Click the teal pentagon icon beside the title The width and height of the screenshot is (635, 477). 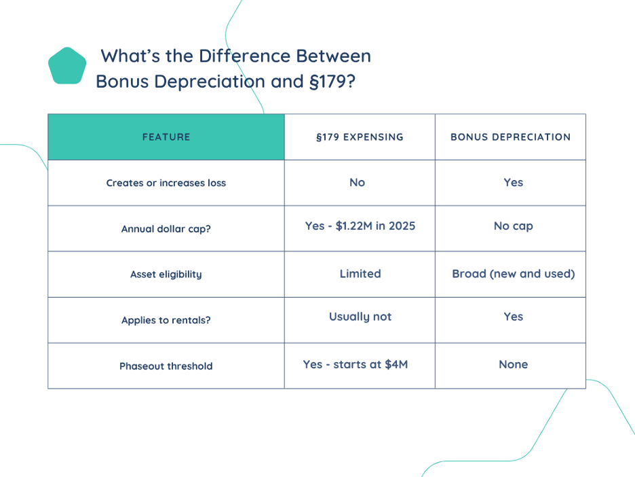67,66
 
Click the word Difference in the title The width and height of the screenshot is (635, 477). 245,56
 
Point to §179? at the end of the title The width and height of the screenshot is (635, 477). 332,81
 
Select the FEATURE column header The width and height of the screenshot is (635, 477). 166,137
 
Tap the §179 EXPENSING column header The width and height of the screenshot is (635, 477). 360,137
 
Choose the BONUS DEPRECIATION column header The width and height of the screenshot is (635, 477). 510,137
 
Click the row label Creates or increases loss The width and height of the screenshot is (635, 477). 166,183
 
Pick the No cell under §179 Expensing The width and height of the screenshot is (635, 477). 357,183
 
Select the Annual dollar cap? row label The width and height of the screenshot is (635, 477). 166,229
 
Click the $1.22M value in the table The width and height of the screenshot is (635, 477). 354,226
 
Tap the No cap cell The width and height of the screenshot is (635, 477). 513,226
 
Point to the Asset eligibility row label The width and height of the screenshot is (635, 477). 166,275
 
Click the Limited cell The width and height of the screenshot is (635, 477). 360,274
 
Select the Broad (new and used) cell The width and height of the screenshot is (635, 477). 513,274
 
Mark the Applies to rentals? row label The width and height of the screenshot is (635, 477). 166,320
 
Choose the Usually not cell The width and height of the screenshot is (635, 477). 360,317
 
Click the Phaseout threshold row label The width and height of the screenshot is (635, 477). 166,366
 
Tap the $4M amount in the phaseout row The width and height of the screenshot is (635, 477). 396,364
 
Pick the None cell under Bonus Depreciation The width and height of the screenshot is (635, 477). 513,364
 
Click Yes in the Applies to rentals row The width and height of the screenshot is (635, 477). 513,317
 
